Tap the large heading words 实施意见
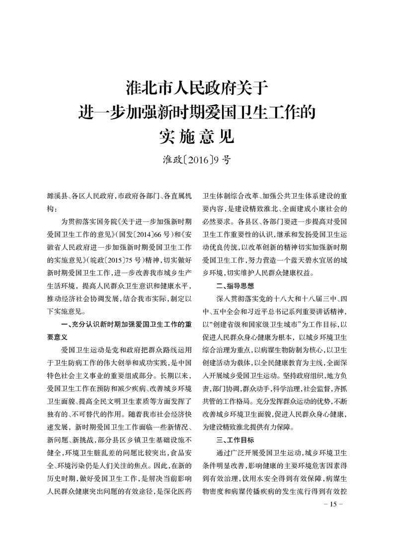197,135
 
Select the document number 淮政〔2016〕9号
197,160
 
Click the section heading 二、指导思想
235,286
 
